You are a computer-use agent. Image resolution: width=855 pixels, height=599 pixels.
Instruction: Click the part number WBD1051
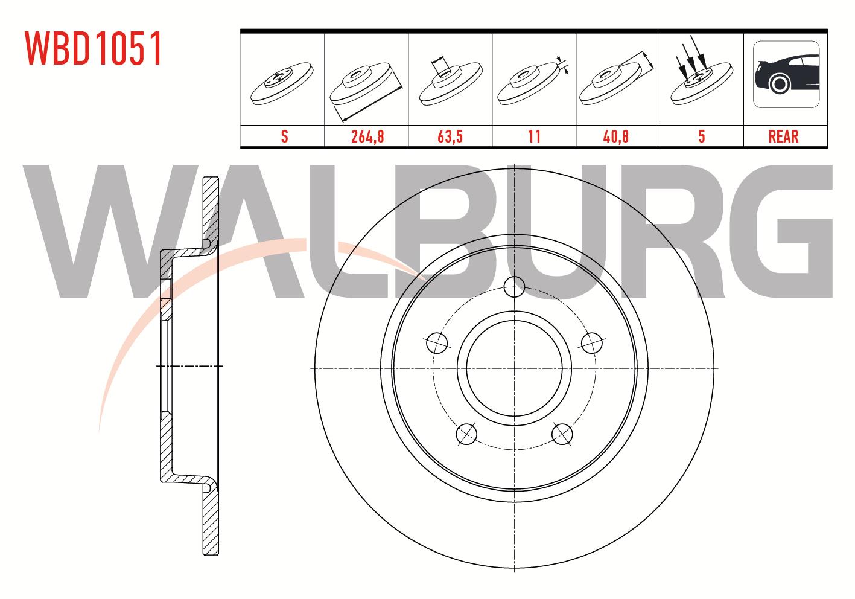(94, 48)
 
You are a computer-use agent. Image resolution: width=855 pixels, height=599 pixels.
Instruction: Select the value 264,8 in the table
(367, 136)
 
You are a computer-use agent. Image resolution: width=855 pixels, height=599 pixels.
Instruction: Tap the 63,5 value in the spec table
(450, 136)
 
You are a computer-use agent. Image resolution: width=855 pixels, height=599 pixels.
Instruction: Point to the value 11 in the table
(534, 136)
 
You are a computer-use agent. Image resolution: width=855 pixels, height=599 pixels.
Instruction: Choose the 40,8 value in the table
(615, 136)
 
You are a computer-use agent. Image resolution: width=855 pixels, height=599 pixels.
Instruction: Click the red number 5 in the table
(702, 136)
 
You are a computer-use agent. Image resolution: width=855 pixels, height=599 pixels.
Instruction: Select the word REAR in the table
(783, 136)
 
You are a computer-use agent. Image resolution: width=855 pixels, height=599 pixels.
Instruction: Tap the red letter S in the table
(284, 136)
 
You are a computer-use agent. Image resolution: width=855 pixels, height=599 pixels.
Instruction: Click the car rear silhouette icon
(786, 74)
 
